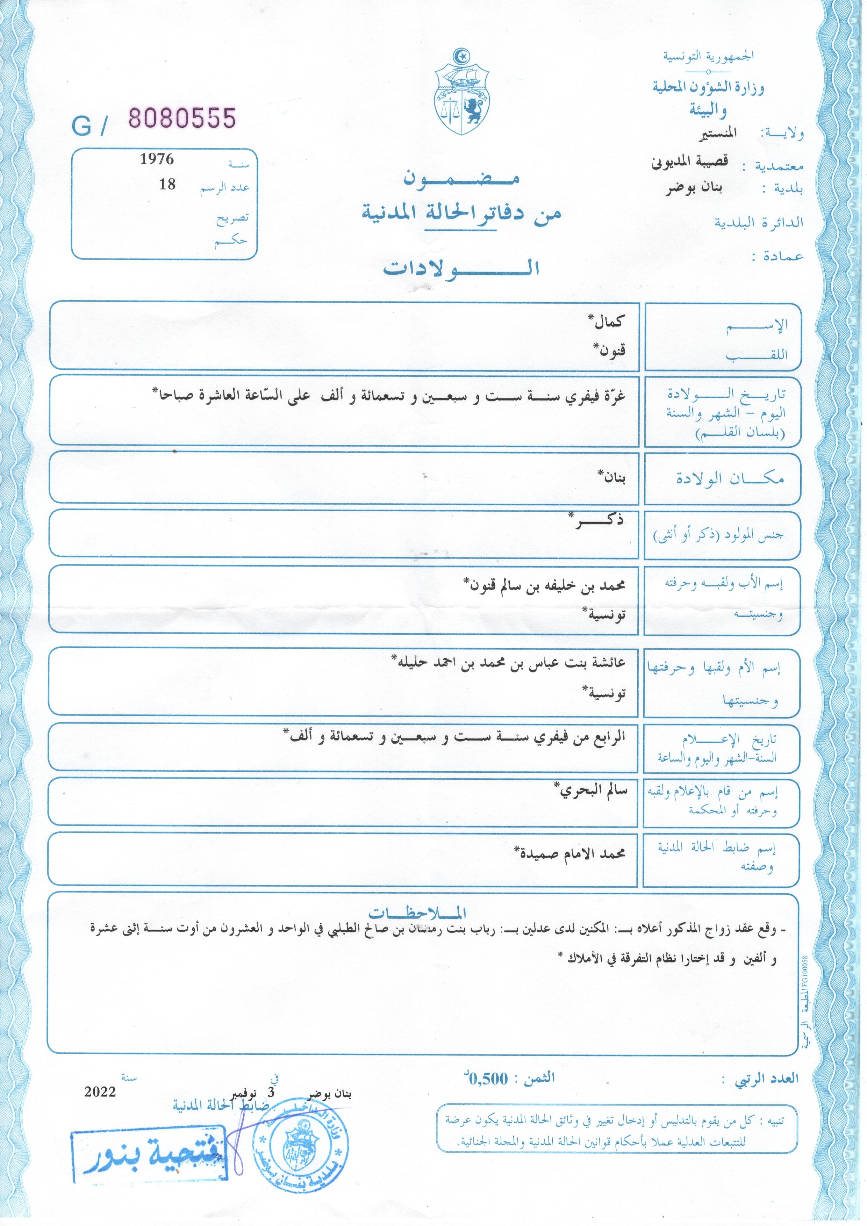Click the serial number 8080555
182,118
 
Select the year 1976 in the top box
157,159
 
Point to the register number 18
167,184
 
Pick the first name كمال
608,322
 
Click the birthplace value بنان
612,476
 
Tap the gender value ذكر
598,521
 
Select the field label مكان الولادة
730,478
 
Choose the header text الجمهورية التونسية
708,56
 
